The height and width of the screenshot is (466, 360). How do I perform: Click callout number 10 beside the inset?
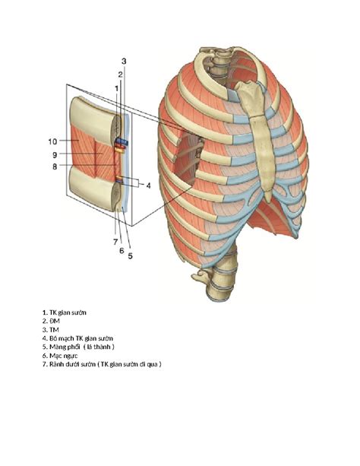pos(52,141)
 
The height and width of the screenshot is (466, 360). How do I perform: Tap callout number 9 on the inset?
pos(55,154)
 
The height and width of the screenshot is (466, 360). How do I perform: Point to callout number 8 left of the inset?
pos(55,166)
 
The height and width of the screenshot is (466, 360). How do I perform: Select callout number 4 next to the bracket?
pos(148,185)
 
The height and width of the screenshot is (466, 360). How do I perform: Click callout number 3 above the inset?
pos(124,62)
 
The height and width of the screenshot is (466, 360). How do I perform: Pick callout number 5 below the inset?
pos(131,255)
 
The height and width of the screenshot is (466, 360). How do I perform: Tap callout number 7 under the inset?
pos(115,243)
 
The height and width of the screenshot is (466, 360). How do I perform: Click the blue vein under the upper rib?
pos(122,141)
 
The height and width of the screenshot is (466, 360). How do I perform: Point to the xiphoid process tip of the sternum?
pos(269,200)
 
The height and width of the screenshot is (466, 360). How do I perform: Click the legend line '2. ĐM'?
pos(51,321)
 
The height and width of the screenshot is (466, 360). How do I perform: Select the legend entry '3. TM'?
pos(50,330)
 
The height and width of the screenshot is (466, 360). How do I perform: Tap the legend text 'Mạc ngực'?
pos(64,356)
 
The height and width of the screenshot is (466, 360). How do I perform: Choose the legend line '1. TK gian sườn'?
pos(64,312)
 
